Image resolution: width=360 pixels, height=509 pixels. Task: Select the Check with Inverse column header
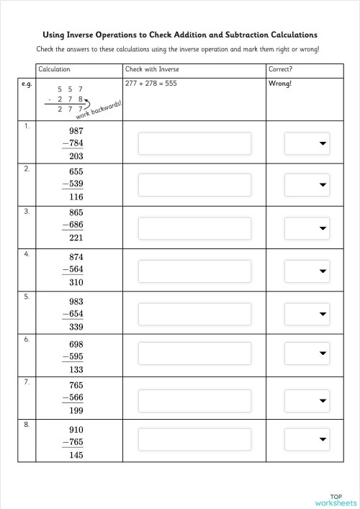[152, 69]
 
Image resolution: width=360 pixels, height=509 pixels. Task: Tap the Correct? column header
[281, 69]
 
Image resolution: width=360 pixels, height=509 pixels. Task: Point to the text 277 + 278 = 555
[151, 84]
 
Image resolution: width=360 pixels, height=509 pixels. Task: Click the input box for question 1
[194, 144]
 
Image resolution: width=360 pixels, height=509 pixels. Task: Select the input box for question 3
[194, 228]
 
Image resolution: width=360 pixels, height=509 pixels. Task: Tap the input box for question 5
[194, 313]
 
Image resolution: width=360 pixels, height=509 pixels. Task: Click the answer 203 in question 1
[76, 156]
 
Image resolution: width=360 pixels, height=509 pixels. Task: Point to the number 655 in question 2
[76, 172]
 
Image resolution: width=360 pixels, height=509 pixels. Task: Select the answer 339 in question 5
[76, 326]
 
